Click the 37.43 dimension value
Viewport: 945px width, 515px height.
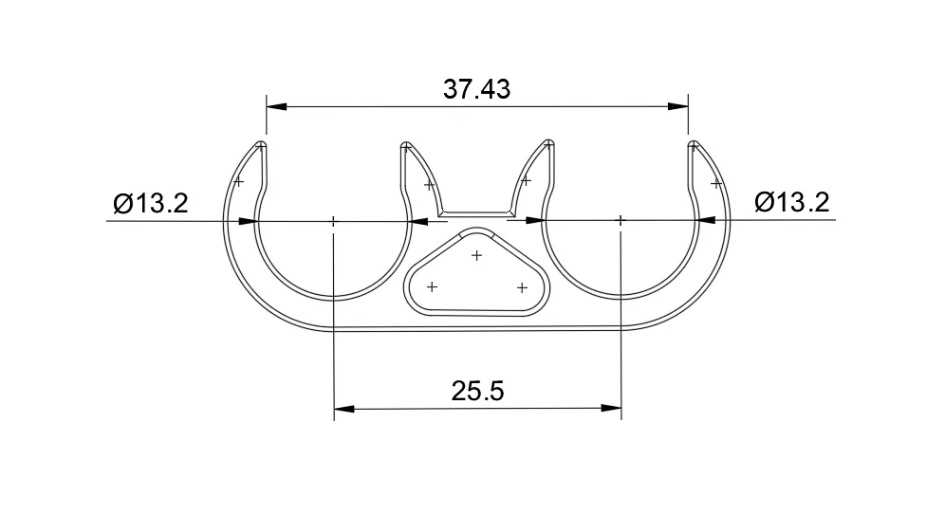click(476, 89)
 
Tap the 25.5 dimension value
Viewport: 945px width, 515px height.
click(477, 391)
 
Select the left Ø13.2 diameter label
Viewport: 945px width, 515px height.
click(151, 203)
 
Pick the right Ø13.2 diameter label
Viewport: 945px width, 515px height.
click(792, 202)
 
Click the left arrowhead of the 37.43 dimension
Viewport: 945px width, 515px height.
click(276, 106)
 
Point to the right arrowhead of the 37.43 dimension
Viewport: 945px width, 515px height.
click(678, 106)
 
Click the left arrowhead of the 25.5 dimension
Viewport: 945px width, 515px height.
click(344, 409)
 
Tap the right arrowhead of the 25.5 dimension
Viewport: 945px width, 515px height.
click(611, 409)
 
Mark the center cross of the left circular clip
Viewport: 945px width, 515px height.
click(333, 222)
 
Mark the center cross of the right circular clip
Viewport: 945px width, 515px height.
click(621, 221)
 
